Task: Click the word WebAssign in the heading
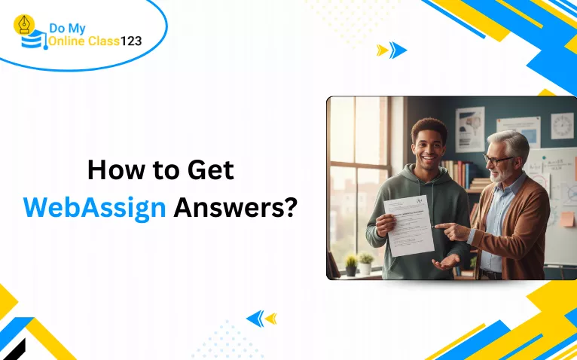pos(94,206)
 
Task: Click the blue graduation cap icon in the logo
pos(32,42)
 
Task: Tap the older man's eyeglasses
pos(499,160)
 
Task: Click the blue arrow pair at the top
pos(392,50)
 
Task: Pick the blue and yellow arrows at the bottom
pos(261,319)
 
